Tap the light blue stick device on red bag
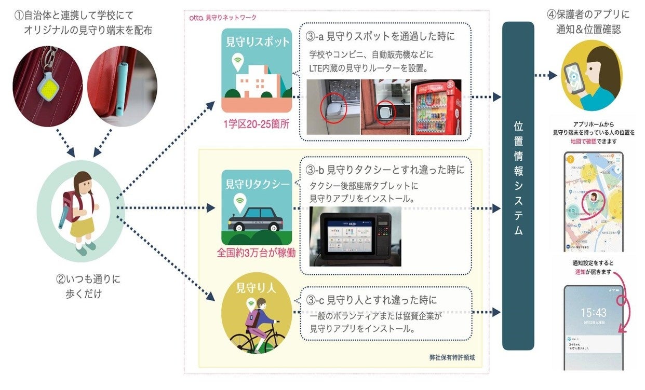tap(119, 88)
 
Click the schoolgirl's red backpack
tap(71, 205)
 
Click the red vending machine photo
tap(436, 106)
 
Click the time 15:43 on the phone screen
tap(593, 313)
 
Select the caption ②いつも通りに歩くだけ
tap(88, 286)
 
